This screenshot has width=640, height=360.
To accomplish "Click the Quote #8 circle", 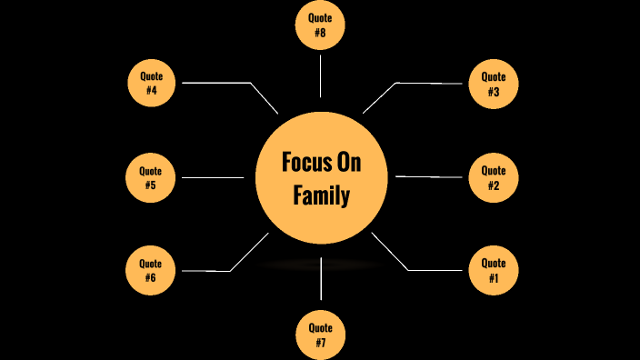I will [321, 25].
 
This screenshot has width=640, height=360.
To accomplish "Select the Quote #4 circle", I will [151, 83].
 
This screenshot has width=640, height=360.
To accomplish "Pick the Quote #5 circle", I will [151, 177].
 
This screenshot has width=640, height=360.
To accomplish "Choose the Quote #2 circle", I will [493, 176].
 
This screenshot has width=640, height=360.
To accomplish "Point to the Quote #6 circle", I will [151, 270].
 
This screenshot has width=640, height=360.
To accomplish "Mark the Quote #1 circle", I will [493, 270].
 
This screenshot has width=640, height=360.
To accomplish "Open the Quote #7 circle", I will [321, 335].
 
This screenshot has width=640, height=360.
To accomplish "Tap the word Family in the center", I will [321, 195].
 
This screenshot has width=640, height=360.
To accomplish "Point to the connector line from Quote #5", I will [213, 177].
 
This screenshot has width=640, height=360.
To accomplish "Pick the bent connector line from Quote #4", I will [218, 83].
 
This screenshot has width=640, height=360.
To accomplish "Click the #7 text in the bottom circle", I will [321, 343].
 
